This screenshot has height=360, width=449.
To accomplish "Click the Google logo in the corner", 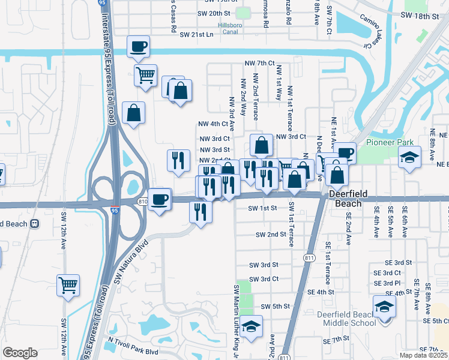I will point(20,352).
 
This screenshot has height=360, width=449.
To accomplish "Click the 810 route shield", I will point(142,201).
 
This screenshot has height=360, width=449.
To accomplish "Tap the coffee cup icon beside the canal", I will point(138,46).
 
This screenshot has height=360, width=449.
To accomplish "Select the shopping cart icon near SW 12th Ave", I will point(68,285).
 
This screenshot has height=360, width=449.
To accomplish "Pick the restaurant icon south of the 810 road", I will point(200,212).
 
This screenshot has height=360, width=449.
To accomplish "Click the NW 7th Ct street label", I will point(259,62).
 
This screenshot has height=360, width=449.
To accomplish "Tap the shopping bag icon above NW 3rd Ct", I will point(261,145).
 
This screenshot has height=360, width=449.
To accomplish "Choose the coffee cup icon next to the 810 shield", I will point(160,199).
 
